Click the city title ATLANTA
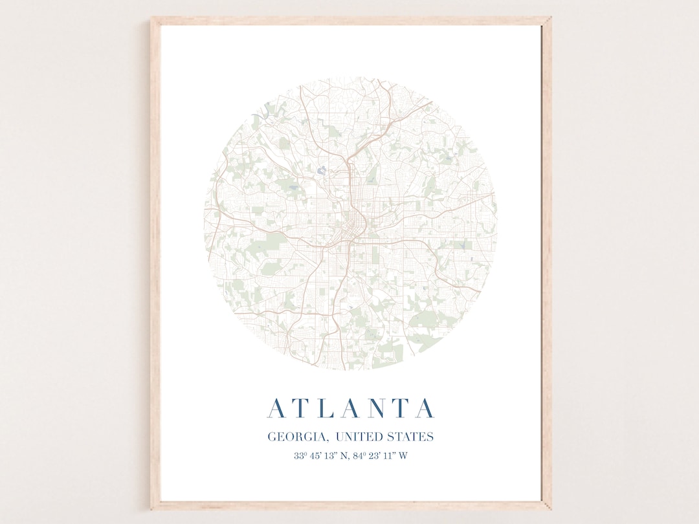coord(351,408)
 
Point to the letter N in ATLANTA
coord(380,408)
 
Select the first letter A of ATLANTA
coord(276,408)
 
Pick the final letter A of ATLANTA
coord(425,408)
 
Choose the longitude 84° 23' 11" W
coord(379,455)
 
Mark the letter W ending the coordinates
coord(403,455)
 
